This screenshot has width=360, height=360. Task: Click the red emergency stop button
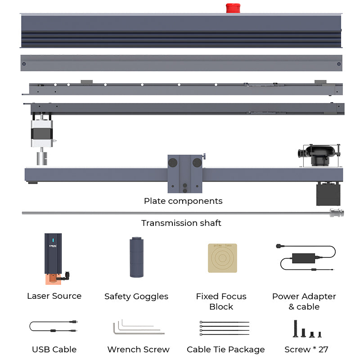[233, 8]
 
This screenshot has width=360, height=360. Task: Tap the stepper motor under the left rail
[41, 134]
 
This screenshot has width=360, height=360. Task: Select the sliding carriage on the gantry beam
[185, 174]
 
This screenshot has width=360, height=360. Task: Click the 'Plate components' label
[183, 201]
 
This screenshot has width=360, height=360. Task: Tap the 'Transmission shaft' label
[181, 223]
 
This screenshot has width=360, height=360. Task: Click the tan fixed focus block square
[222, 258]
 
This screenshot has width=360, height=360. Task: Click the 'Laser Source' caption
[54, 296]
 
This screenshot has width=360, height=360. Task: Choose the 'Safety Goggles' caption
[136, 297]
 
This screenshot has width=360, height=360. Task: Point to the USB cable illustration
[54, 327]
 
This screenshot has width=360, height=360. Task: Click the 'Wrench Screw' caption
[138, 350]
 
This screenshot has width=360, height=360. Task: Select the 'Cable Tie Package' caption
[225, 350]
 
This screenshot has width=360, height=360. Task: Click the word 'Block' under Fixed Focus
[221, 307]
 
